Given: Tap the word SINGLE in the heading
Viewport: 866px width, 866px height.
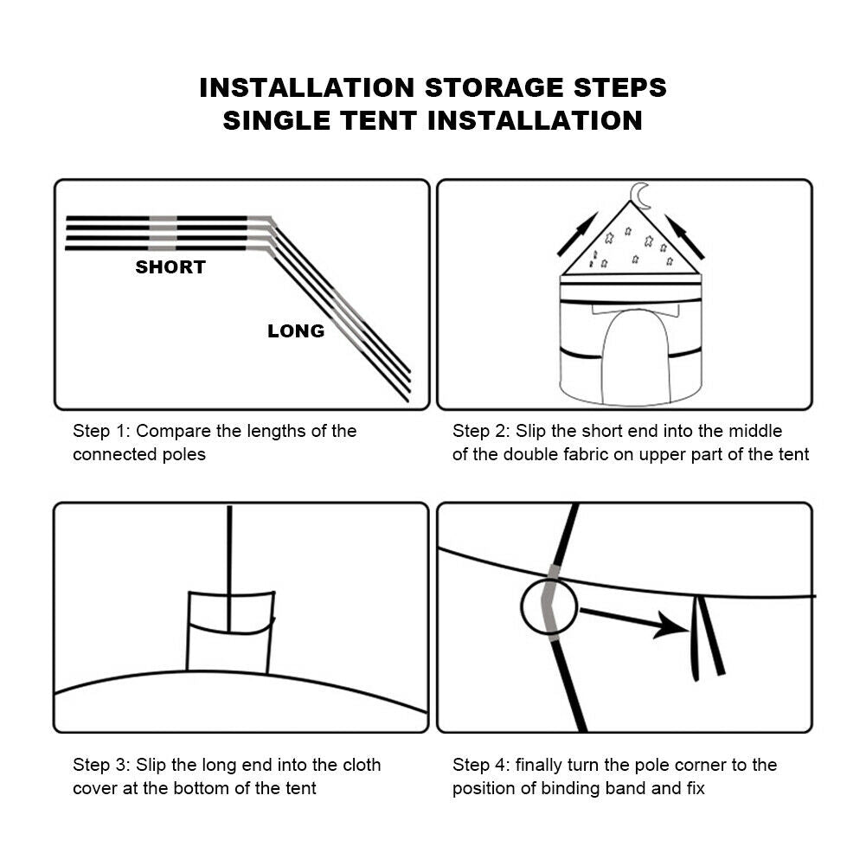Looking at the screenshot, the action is click(277, 120).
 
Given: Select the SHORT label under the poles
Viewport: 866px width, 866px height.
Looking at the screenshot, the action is click(170, 267).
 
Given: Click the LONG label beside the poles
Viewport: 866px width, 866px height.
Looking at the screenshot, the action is click(296, 330).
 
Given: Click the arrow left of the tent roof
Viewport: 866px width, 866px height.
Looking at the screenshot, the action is click(578, 234).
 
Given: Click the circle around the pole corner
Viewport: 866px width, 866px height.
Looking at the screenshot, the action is click(522, 606).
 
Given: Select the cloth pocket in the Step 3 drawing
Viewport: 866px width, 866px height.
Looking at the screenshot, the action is click(230, 632).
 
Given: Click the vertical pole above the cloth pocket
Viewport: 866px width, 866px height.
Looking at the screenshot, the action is click(229, 569).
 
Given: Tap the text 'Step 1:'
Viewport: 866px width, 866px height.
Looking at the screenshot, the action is click(101, 431).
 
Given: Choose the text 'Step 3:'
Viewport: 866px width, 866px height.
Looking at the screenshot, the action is click(101, 765).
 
